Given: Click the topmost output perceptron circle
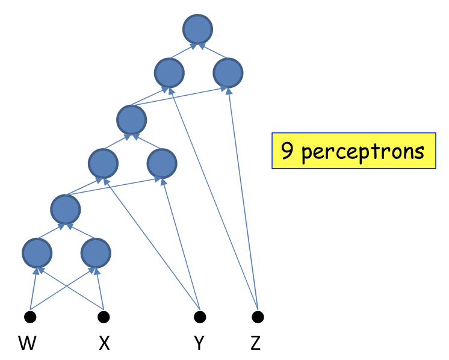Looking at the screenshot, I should coord(198,29).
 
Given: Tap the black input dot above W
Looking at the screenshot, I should coord(30,317).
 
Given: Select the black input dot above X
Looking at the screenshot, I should coord(104,317).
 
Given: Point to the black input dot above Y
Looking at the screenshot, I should coord(200,317).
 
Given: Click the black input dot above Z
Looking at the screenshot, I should coord(258,317).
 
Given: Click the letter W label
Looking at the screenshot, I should coord(27,344).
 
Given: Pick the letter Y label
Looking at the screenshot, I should coord(199,344).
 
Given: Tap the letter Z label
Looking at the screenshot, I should coord(256,344).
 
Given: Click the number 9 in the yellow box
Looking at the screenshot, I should coord(288,151).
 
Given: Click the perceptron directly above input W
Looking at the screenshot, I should coord(37,253).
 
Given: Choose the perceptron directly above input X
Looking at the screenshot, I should coord(96,253).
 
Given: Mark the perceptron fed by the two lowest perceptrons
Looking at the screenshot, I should coord(66,209).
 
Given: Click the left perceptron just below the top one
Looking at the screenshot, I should coord(169,73).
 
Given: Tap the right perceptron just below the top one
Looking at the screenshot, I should coord(228,73).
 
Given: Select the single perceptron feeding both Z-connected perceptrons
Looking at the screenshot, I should coord(132,119).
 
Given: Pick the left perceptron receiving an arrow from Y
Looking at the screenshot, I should coord(102,163).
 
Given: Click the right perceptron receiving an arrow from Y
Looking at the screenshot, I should coord(161,163).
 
